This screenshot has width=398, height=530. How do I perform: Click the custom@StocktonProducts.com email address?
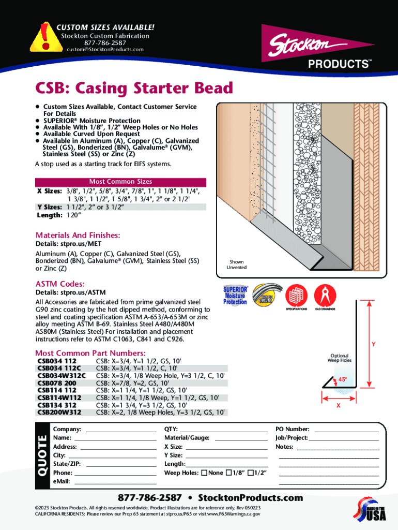(104, 50)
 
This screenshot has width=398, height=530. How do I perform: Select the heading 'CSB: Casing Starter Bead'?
(134, 88)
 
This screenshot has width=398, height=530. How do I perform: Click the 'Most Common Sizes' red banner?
(120, 182)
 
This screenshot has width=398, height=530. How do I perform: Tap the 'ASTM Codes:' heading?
(60, 284)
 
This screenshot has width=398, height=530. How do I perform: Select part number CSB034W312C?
(62, 375)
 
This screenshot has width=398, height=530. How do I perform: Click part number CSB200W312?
(59, 413)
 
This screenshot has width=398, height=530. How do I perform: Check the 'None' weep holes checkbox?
(204, 473)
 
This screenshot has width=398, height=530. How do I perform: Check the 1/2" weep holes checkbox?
(251, 473)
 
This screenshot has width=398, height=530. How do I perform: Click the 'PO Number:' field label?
(293, 429)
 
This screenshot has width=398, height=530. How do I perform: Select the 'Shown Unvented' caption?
(237, 264)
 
